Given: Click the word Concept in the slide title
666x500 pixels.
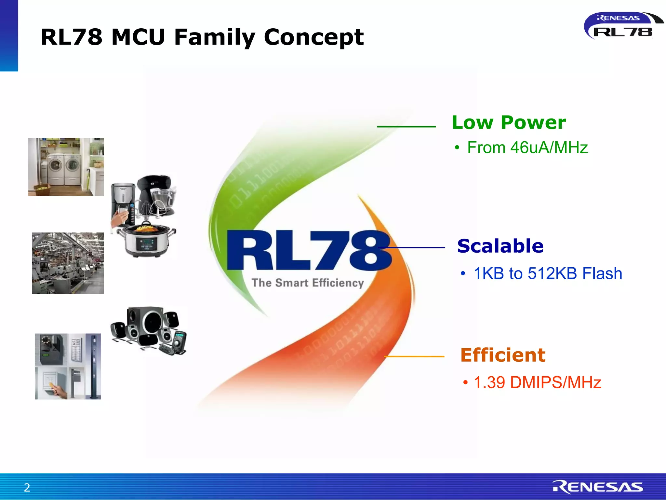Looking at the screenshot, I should click(x=313, y=37).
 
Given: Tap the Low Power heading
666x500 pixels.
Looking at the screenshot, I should click(x=509, y=123).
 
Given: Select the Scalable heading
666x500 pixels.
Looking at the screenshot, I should click(x=500, y=246).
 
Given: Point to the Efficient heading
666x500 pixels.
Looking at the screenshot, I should click(x=503, y=355).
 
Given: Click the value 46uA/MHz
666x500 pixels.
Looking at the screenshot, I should click(x=549, y=147).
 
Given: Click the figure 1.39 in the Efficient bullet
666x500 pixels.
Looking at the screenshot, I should click(x=489, y=382).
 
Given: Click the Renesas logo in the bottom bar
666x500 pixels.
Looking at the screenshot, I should click(x=598, y=487).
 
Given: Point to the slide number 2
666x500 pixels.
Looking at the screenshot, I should click(x=27, y=487).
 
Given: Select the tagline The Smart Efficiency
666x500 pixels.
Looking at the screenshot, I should click(x=308, y=283).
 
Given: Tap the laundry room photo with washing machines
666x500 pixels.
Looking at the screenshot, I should click(x=66, y=167).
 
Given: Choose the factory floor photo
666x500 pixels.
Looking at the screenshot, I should click(x=68, y=263).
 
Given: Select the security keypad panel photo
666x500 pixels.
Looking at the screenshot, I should click(x=68, y=366).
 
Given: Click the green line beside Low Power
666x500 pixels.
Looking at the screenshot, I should click(x=406, y=127).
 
